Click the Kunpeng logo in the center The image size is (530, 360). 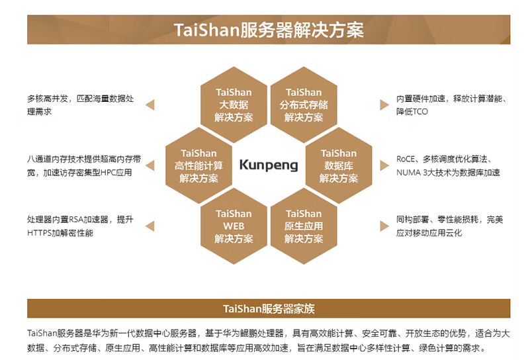pyautogui.click(x=269, y=165)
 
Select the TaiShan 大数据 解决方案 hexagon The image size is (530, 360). pyautogui.click(x=234, y=105)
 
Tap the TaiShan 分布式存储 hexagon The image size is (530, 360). pyautogui.click(x=304, y=105)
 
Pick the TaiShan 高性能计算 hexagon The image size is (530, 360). pyautogui.click(x=199, y=165)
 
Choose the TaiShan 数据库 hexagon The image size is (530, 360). pyautogui.click(x=339, y=165)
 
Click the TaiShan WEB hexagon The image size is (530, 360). pyautogui.click(x=234, y=226)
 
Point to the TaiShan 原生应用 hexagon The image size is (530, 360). pyautogui.click(x=304, y=226)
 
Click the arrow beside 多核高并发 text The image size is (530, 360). pyautogui.click(x=150, y=105)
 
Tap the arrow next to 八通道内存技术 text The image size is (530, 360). pyautogui.click(x=150, y=165)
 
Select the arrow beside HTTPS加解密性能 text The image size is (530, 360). pyautogui.click(x=150, y=226)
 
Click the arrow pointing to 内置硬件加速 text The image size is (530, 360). pyautogui.click(x=384, y=105)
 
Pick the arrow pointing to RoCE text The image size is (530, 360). pyautogui.click(x=384, y=165)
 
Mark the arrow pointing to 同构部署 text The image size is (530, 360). pyautogui.click(x=384, y=226)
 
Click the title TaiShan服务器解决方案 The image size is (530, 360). pyautogui.click(x=269, y=30)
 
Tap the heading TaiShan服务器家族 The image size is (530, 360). pyautogui.click(x=269, y=308)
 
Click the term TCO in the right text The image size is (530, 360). pyautogui.click(x=420, y=112)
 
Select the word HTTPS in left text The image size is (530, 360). pyautogui.click(x=39, y=233)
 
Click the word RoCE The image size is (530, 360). pyautogui.click(x=406, y=159)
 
